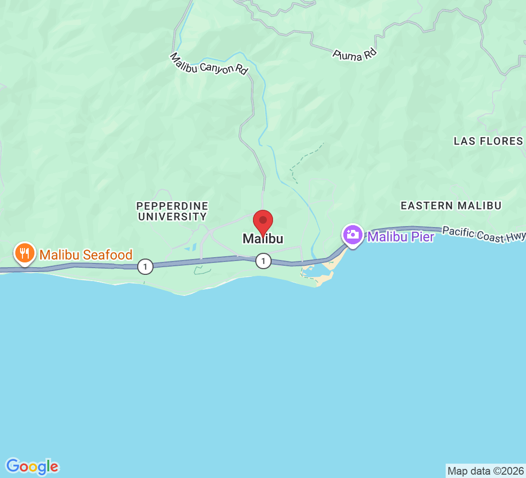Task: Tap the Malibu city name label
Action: pyautogui.click(x=263, y=239)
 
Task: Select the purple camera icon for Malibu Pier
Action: pyautogui.click(x=353, y=235)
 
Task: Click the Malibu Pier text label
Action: pyautogui.click(x=401, y=237)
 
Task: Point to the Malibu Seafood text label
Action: pyautogui.click(x=86, y=255)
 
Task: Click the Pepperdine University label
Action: pyautogui.click(x=172, y=211)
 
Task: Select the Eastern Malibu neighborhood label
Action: pyautogui.click(x=451, y=206)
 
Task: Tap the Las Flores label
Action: pyautogui.click(x=488, y=141)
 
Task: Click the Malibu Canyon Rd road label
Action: pyautogui.click(x=209, y=64)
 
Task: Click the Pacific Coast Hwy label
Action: pyautogui.click(x=483, y=235)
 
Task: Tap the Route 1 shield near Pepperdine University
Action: pyautogui.click(x=145, y=267)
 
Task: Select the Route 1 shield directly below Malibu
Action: pyautogui.click(x=263, y=261)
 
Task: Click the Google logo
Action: pyautogui.click(x=33, y=466)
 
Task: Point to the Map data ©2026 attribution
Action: pyautogui.click(x=485, y=471)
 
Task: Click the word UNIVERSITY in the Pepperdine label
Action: pyautogui.click(x=172, y=217)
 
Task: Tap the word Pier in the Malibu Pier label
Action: pyautogui.click(x=422, y=237)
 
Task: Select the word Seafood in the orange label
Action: pyautogui.click(x=109, y=255)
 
